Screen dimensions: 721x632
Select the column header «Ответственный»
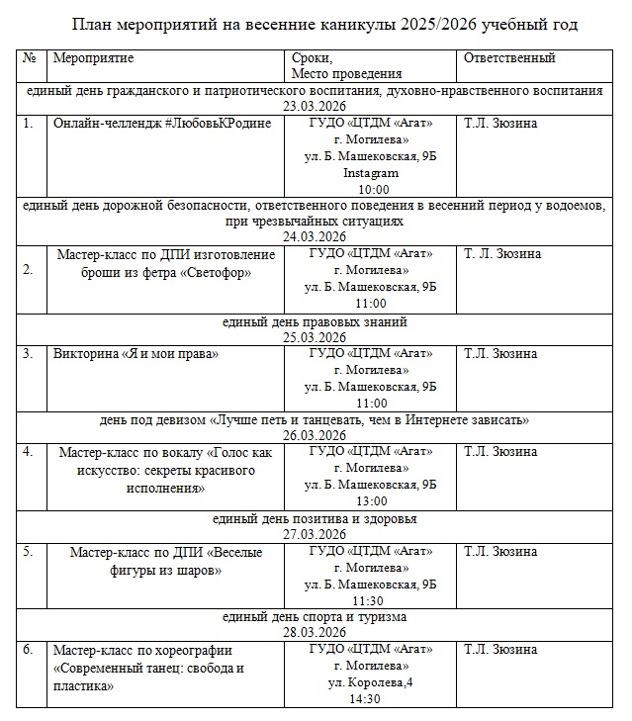pyautogui.click(x=509, y=58)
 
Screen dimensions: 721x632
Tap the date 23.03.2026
pyautogui.click(x=315, y=106)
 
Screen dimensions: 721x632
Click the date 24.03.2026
pyautogui.click(x=315, y=237)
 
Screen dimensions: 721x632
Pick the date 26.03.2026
pyautogui.click(x=315, y=435)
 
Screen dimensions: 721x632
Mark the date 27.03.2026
pyautogui.click(x=315, y=534)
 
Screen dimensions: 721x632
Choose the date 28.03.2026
pyautogui.click(x=315, y=632)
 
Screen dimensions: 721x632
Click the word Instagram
pyautogui.click(x=370, y=173)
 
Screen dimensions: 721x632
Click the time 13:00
pyautogui.click(x=370, y=501)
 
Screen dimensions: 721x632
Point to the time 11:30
pyautogui.click(x=370, y=600)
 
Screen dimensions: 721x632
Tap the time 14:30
pyautogui.click(x=370, y=699)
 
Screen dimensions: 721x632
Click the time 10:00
pyautogui.click(x=370, y=190)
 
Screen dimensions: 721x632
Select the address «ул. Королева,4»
pyautogui.click(x=370, y=682)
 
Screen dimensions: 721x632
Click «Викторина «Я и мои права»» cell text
pyautogui.click(x=135, y=353)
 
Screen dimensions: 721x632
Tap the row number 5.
pyautogui.click(x=29, y=551)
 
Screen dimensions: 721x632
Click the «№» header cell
pyautogui.click(x=30, y=58)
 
